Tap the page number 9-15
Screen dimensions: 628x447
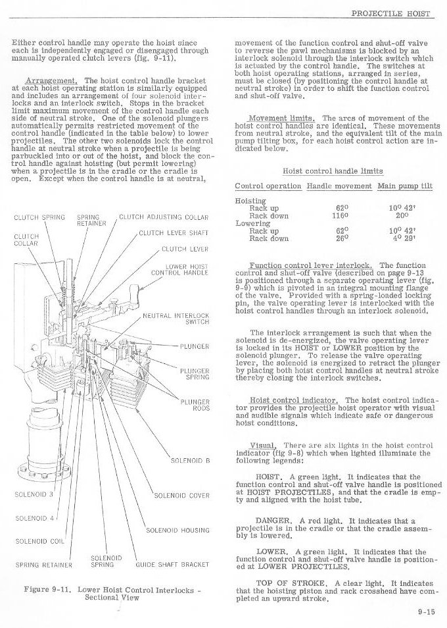425,610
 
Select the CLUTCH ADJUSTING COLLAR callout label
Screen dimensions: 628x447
164,217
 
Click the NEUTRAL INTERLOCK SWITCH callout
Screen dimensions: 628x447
176,319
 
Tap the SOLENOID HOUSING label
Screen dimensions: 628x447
177,530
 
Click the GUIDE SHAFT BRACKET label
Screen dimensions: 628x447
172,564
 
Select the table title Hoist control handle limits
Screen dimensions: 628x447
333,170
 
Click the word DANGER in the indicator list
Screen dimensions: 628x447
273,519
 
